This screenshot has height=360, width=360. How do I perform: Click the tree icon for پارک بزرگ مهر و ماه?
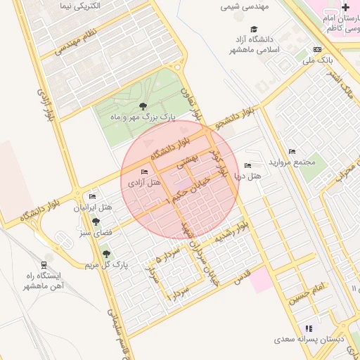click(143, 107)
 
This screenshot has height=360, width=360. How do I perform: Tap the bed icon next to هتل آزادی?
click(145, 172)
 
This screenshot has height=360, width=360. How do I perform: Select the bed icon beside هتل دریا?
click(246, 165)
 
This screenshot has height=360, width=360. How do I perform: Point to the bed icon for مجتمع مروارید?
click(292, 152)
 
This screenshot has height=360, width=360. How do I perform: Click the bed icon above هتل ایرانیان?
click(93, 197)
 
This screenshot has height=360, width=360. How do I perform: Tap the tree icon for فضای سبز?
click(96, 221)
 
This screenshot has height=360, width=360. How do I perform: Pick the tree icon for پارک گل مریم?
click(106, 254)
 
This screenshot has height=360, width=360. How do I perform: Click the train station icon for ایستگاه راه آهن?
click(45, 264)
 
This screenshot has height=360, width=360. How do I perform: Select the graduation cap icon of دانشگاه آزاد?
click(253, 29)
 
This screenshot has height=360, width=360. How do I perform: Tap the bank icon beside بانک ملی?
click(318, 49)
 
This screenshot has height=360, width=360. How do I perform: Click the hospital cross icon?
click(345, 7)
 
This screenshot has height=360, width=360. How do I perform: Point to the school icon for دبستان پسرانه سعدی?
click(308, 328)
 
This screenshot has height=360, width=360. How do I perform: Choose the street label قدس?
click(241, 274)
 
